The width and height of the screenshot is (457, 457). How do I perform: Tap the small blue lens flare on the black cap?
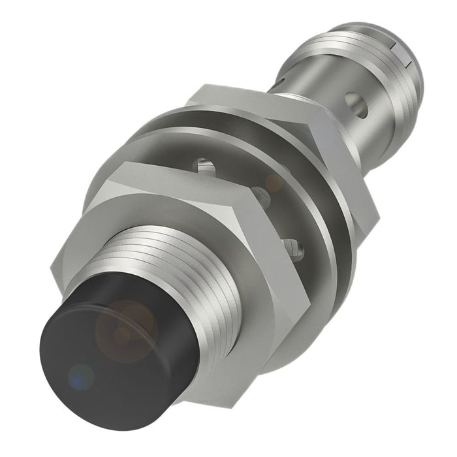coord(80,377)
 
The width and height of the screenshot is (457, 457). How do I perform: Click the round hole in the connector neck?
coord(355,101)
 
